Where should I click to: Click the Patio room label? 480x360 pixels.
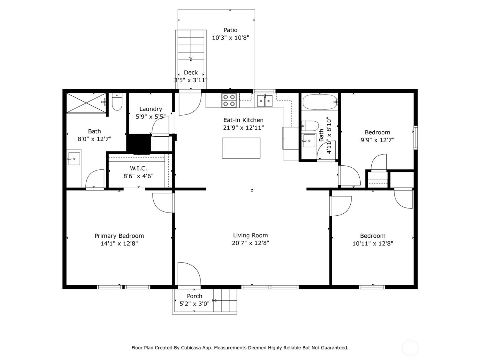(x=230, y=30)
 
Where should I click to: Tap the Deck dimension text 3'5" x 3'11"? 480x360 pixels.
(x=191, y=80)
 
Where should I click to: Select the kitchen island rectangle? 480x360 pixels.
(x=241, y=148)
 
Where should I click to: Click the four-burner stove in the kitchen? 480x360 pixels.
(x=229, y=100)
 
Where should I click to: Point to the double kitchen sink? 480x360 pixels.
(x=265, y=100)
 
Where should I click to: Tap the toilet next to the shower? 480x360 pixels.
(x=117, y=103)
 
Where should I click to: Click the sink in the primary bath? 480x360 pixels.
(x=74, y=159)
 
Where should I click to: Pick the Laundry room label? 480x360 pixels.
(x=151, y=109)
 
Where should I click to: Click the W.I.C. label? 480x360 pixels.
(x=139, y=168)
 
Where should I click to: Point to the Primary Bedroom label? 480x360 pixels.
(x=119, y=236)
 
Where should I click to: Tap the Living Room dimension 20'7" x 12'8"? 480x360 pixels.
(x=250, y=243)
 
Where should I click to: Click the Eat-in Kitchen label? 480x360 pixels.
(x=243, y=120)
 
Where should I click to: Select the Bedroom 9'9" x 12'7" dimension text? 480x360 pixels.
(x=377, y=140)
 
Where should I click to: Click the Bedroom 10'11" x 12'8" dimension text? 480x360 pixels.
(x=373, y=243)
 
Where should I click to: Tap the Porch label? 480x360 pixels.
(x=194, y=296)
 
